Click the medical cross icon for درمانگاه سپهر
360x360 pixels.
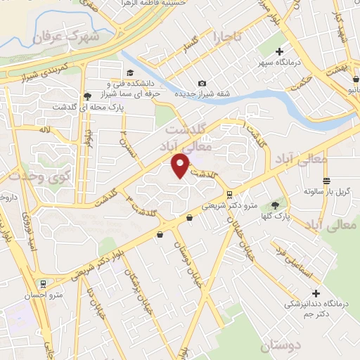(280, 51)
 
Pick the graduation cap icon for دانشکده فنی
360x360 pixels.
(130, 73)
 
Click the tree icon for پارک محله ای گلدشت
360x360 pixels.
(86, 96)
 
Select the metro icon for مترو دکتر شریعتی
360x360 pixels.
(229, 195)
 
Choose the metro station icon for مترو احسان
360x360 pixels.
(44, 284)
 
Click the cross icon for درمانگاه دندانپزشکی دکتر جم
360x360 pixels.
(316, 293)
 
